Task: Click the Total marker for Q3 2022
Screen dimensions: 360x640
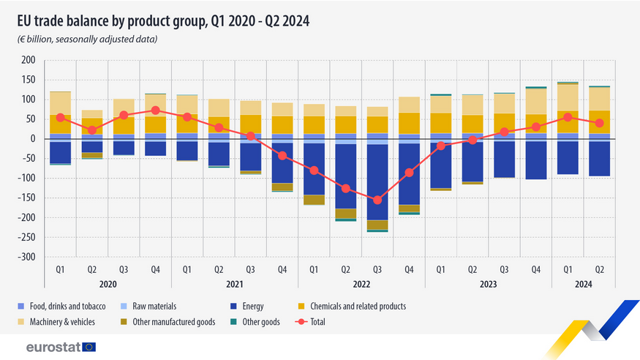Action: click(x=377, y=200)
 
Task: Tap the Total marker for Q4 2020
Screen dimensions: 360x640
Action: click(x=155, y=110)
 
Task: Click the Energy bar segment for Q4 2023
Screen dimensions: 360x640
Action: click(x=536, y=160)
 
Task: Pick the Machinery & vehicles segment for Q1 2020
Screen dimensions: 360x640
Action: click(x=60, y=103)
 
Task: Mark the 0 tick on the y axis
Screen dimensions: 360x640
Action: click(x=32, y=139)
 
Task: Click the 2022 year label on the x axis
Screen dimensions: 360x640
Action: click(x=361, y=284)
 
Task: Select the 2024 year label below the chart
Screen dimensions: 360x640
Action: click(x=584, y=284)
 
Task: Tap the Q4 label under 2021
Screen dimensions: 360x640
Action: click(x=282, y=269)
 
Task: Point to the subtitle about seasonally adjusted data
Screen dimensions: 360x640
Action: click(x=88, y=39)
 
